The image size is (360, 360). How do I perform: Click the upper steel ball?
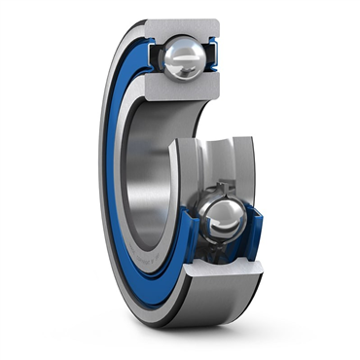pos(182,59)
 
